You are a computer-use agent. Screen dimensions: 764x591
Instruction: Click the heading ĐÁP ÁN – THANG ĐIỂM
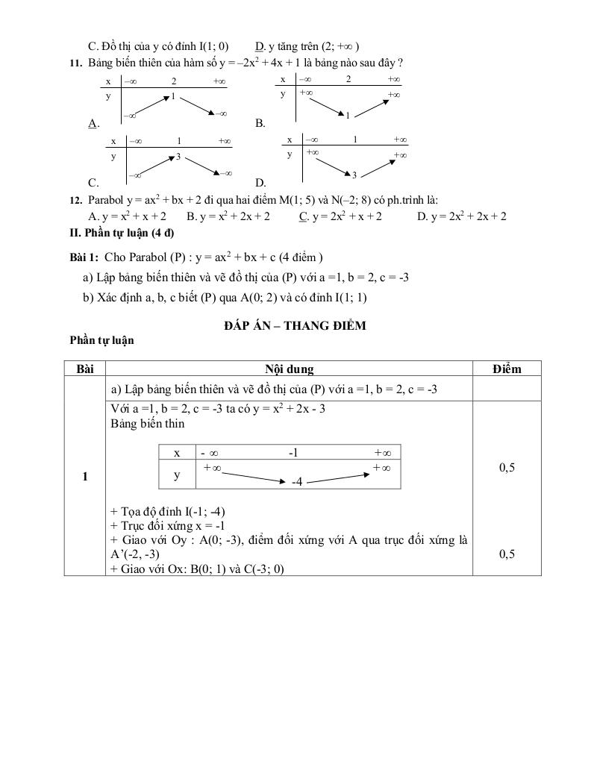(x=295, y=326)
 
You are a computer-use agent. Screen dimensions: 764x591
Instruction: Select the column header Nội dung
(x=289, y=369)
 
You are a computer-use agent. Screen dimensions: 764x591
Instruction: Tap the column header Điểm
(x=507, y=369)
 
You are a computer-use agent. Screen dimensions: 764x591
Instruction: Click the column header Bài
(x=85, y=369)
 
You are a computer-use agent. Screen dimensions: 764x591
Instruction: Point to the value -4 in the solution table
(x=296, y=482)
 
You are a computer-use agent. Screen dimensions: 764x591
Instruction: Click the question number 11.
(x=75, y=63)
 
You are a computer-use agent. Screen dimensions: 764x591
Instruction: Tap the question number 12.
(x=75, y=200)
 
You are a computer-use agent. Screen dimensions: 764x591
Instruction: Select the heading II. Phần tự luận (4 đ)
(x=122, y=232)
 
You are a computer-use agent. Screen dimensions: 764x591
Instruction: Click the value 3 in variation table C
(x=178, y=157)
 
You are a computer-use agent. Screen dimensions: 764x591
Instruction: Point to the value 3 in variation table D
(x=354, y=175)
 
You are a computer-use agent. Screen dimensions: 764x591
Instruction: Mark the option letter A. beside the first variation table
(x=93, y=123)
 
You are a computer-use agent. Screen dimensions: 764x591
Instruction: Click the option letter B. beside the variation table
(x=260, y=123)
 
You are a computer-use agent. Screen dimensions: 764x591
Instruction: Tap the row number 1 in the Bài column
(x=85, y=476)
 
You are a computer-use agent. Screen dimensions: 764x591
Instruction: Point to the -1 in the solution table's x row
(x=293, y=453)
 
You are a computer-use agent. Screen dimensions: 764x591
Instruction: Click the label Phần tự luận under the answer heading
(x=101, y=340)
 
